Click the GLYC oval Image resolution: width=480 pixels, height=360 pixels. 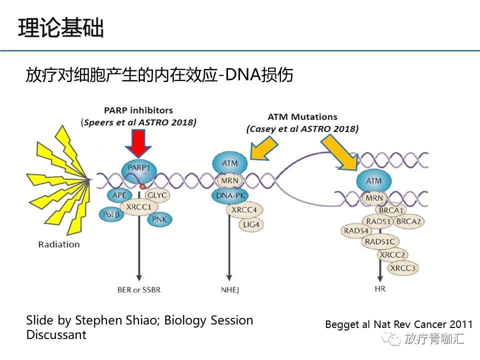158,195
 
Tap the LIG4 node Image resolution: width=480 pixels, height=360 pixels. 251,224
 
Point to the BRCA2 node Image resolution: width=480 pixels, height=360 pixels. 409,221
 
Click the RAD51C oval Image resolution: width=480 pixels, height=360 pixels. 379,242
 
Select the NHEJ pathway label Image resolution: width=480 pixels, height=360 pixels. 229,289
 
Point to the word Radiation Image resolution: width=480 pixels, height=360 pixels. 59,244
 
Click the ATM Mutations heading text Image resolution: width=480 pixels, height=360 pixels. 302,117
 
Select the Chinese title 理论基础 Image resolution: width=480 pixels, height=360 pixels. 61,28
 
